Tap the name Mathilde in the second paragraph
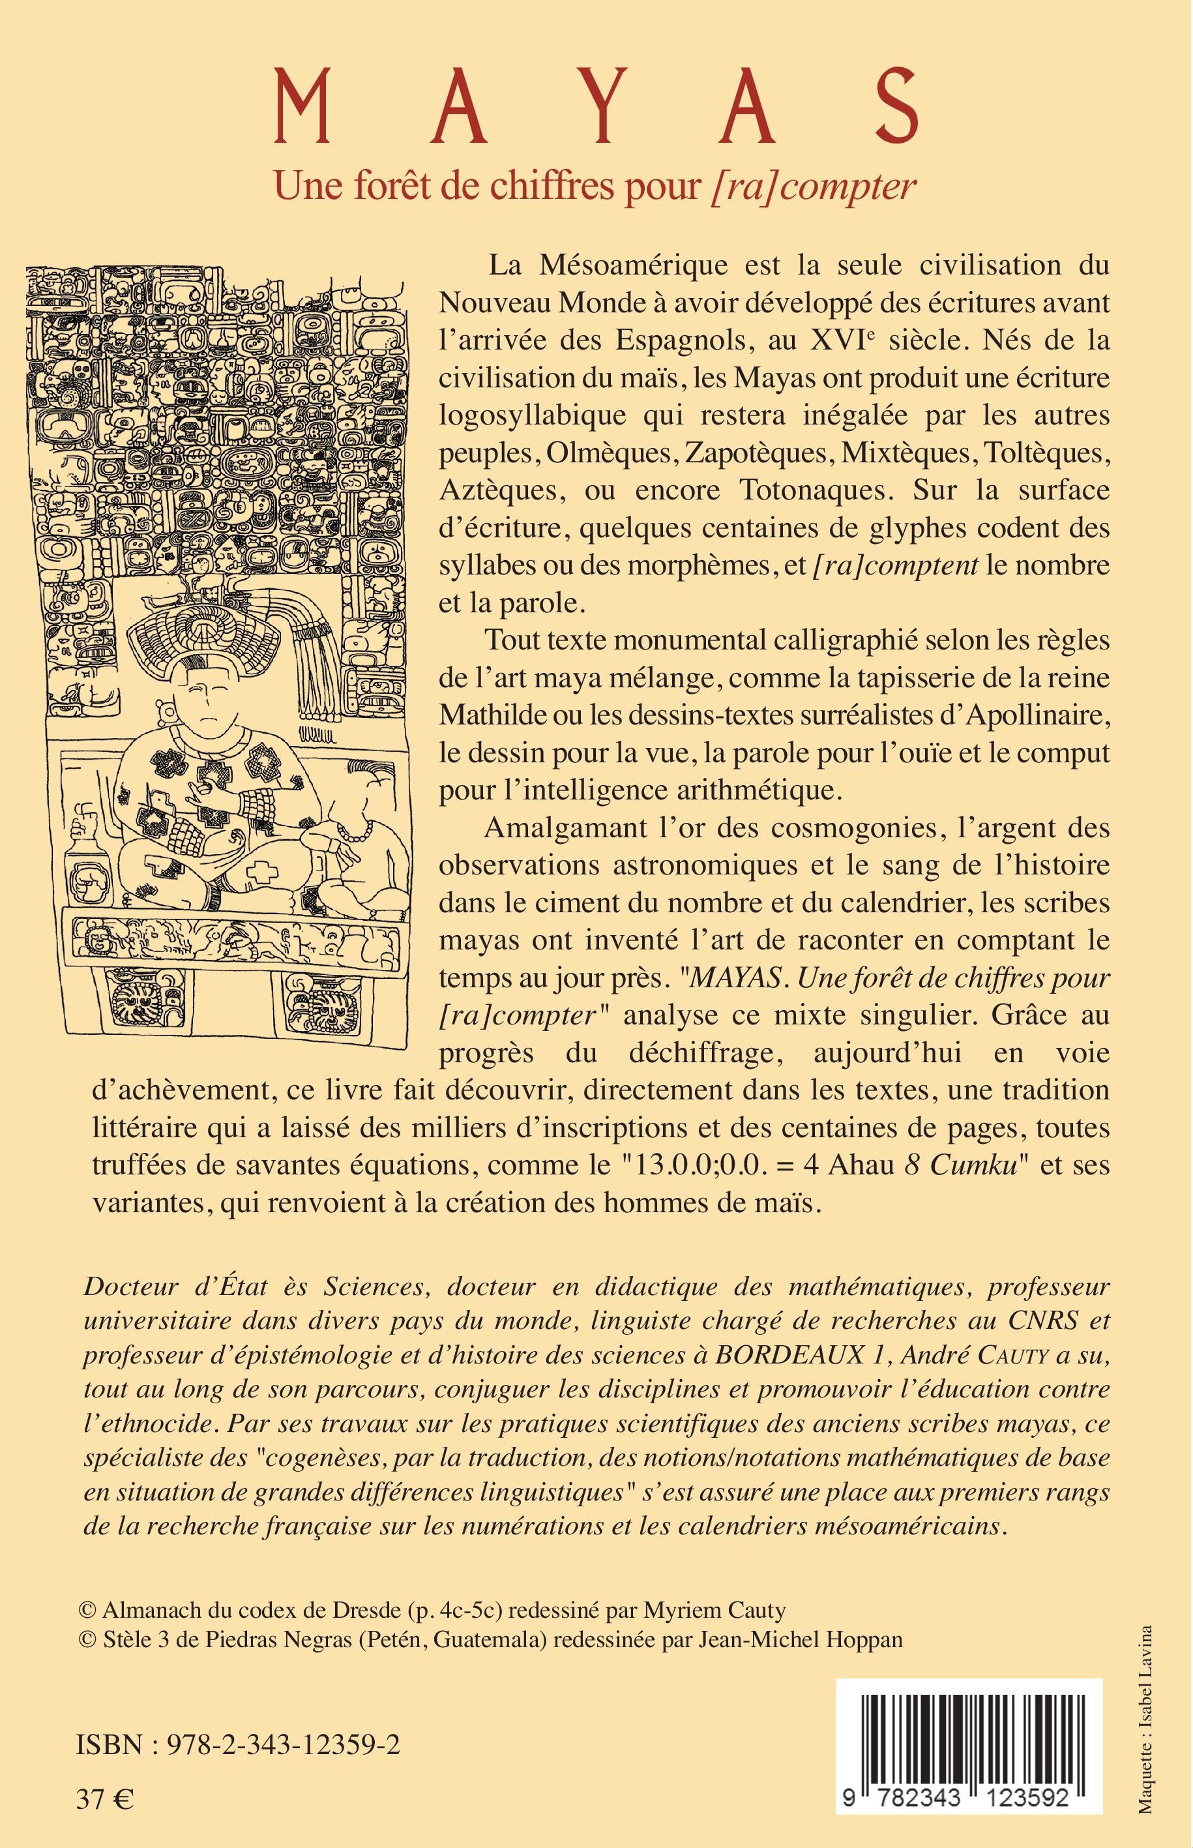(x=497, y=715)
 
